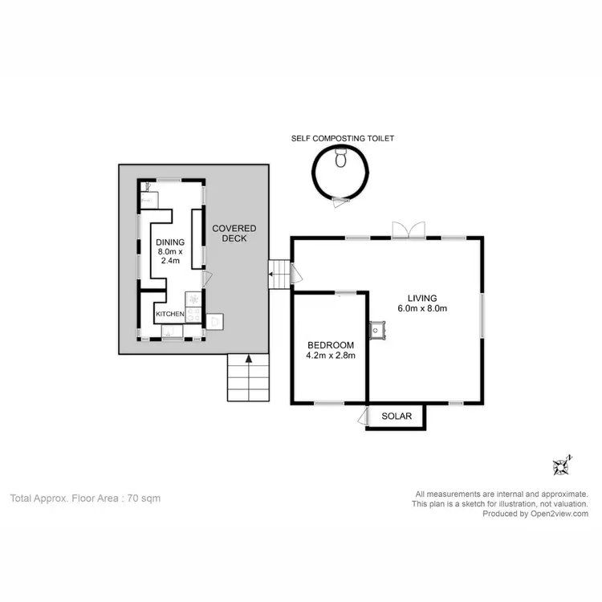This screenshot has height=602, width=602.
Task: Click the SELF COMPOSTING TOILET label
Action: tap(343, 138)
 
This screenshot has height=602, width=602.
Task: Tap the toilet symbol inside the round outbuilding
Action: tap(341, 157)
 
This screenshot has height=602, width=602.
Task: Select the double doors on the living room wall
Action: tap(406, 231)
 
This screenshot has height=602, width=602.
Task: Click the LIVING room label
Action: tap(422, 297)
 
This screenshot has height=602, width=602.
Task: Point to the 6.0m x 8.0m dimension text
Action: tap(422, 308)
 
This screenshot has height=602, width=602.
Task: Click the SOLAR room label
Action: tap(397, 416)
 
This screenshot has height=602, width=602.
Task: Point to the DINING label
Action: tap(169, 242)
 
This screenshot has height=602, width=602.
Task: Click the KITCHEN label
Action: tap(170, 314)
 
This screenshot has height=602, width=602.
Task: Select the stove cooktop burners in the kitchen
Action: tap(193, 306)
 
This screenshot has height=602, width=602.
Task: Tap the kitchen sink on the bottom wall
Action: tap(173, 330)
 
